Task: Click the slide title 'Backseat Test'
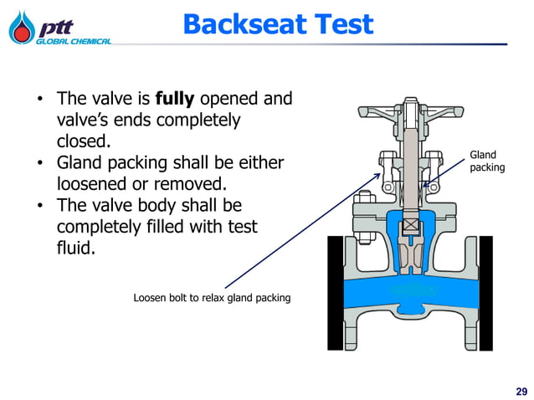click(x=277, y=24)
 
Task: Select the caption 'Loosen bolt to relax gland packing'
click(x=212, y=298)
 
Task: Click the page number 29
click(x=521, y=391)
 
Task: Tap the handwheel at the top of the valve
click(x=410, y=112)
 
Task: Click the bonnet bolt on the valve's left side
click(x=365, y=205)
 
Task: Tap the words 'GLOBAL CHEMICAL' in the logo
click(x=73, y=41)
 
